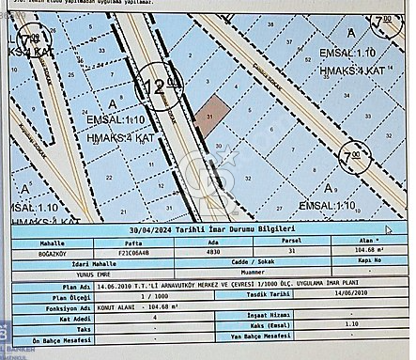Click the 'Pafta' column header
[x=138, y=242]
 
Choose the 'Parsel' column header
[x=295, y=242]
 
